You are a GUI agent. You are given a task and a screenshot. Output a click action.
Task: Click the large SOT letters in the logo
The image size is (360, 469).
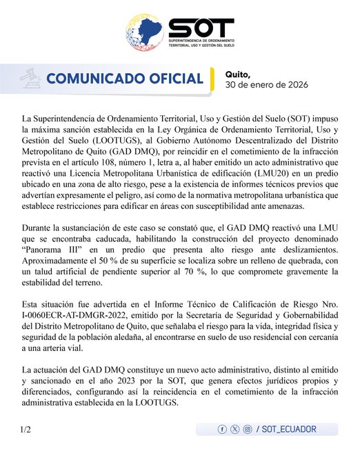click(201, 28)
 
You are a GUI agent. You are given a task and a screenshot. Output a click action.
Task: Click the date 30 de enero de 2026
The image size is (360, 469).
click(268, 85)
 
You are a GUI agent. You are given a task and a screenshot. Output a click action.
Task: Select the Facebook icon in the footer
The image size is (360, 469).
click(222, 429)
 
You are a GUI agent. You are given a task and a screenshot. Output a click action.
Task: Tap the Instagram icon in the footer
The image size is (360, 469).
click(247, 429)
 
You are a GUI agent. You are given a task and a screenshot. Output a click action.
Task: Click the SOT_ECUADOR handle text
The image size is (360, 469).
click(290, 429)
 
